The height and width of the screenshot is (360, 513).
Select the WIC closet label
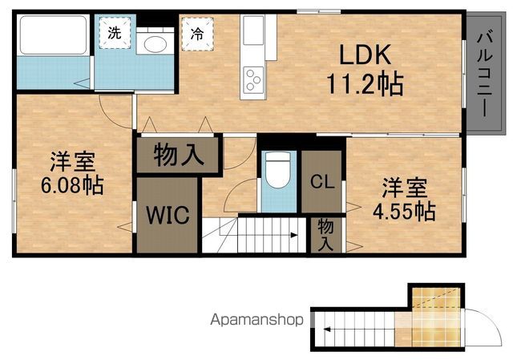click(168, 215)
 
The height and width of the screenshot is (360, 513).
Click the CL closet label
click(322, 180)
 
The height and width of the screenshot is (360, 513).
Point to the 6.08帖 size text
click(73, 186)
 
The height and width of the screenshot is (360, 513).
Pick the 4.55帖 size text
click(408, 211)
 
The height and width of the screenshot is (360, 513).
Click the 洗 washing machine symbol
click(115, 34)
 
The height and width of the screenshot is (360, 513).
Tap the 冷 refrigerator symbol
click(196, 34)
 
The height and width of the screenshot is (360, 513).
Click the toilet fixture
click(277, 171)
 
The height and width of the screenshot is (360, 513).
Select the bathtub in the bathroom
click(52, 37)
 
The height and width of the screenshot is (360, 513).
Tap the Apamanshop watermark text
click(256, 320)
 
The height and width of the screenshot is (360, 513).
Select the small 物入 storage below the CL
click(325, 233)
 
